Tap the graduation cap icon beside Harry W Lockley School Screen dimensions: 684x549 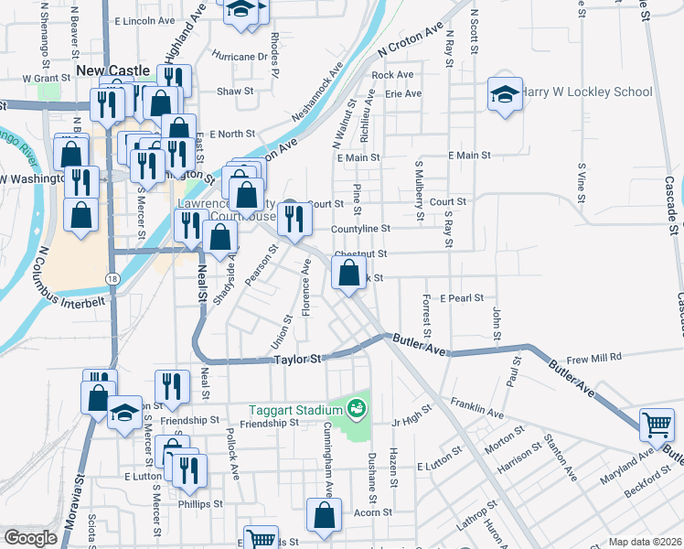coord(505,94)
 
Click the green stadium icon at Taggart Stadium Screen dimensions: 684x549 coord(357,408)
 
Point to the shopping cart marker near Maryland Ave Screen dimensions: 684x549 coord(657,424)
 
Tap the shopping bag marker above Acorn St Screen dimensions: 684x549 coord(325,516)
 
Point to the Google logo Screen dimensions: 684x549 coord(30,538)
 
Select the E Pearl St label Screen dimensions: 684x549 coord(461,298)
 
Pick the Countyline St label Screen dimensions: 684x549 coord(360,229)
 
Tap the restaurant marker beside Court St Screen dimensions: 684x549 coord(294,218)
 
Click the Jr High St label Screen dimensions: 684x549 coord(410,422)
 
